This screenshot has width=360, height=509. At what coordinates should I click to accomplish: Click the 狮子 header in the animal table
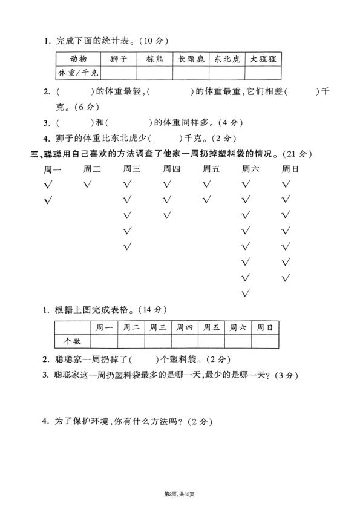tap(118, 59)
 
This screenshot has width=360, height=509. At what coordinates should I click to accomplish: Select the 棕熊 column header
tap(154, 59)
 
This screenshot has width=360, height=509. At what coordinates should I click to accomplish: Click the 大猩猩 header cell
tap(263, 59)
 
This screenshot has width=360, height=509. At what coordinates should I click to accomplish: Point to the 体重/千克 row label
tap(78, 73)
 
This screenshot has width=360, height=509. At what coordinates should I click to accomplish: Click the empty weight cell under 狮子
tap(118, 73)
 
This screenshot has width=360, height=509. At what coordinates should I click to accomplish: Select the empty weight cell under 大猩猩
tap(263, 73)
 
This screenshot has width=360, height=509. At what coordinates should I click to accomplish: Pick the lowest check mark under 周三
tap(127, 247)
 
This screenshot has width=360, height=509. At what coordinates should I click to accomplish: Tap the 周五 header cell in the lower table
tap(212, 327)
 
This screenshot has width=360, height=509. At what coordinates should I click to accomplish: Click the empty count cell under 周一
tap(105, 341)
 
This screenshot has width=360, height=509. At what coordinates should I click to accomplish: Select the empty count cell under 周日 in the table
tap(265, 341)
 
